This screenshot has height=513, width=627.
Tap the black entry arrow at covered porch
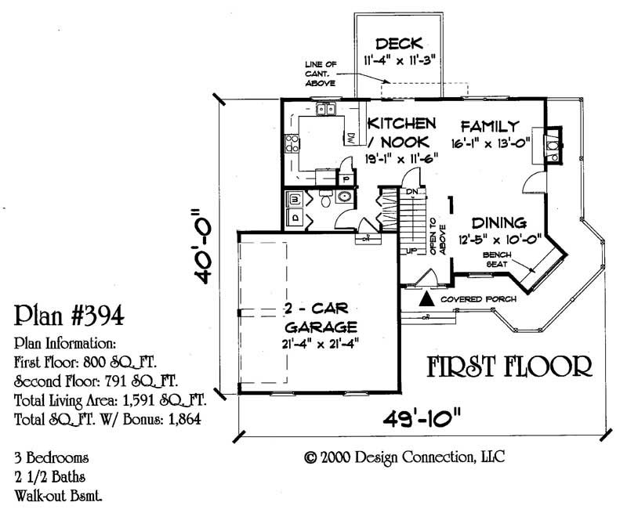click(x=426, y=299)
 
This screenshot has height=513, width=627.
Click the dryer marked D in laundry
click(x=295, y=215)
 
